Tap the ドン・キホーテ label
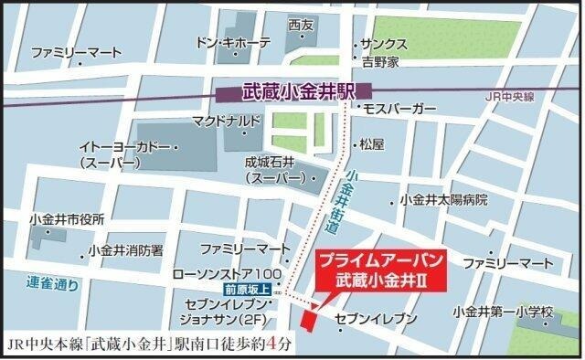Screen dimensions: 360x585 pyautogui.click(x=234, y=43)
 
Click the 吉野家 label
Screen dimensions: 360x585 pyautogui.click(x=378, y=62)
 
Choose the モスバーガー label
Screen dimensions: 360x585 pyautogui.click(x=398, y=109)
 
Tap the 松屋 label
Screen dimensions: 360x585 pyautogui.click(x=372, y=143)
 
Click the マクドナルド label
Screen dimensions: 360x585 pyautogui.click(x=227, y=121)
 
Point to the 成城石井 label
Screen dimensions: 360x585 pyautogui.click(x=271, y=162)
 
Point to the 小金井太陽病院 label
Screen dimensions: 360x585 pyautogui.click(x=443, y=200)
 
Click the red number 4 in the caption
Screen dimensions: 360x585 pyautogui.click(x=284, y=344)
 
